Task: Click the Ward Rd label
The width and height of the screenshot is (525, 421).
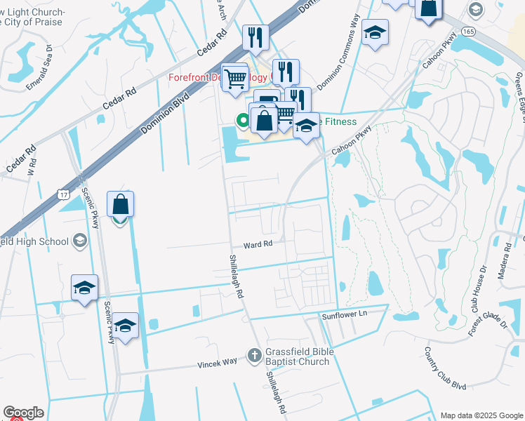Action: pyautogui.click(x=257, y=245)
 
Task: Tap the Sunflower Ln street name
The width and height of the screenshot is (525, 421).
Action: pyautogui.click(x=345, y=315)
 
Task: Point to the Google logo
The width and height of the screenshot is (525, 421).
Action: pyautogui.click(x=23, y=413)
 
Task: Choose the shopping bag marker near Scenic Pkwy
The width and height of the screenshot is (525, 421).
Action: pyautogui.click(x=120, y=204)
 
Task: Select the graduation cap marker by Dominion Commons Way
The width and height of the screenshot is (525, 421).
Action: pyautogui.click(x=375, y=32)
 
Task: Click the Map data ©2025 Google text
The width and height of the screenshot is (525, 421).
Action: pyautogui.click(x=481, y=415)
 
